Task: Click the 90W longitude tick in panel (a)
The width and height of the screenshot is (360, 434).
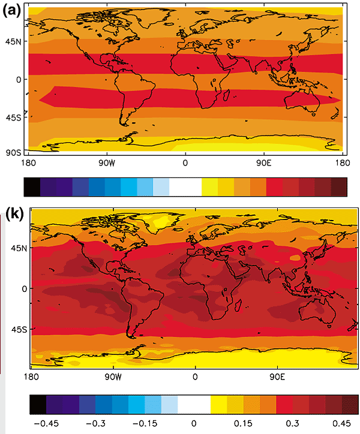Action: click(x=106, y=162)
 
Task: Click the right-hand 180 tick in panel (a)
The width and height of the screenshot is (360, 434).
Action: click(x=343, y=162)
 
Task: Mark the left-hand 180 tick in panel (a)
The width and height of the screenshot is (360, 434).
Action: click(x=27, y=162)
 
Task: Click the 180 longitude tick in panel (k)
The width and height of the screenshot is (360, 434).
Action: click(x=30, y=378)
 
